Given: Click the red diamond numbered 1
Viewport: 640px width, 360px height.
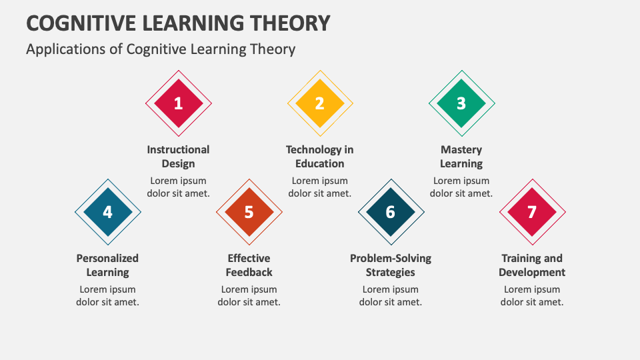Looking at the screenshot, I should point(178,103).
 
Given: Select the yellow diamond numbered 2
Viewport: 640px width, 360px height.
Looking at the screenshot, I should point(319,103).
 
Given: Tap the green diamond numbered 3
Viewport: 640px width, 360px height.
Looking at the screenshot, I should point(461,103).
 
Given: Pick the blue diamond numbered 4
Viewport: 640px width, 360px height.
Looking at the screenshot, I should point(107,212).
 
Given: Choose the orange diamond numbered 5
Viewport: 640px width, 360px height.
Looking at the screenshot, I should point(249,212).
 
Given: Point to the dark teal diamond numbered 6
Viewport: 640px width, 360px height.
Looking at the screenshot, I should point(391,212).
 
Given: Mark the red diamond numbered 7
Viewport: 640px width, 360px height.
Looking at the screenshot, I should point(532,212).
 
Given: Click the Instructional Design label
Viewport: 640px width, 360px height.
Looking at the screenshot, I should point(178,157).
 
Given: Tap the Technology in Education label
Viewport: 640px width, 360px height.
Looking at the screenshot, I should point(319,157).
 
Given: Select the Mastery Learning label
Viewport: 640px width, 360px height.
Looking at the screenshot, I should point(461,157).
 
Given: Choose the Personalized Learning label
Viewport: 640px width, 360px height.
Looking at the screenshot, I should point(107,265).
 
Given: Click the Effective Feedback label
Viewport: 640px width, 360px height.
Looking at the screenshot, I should point(249,265).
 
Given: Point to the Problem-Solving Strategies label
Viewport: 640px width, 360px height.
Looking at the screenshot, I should point(391,265).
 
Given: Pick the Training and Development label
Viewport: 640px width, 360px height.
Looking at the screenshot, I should point(532,265).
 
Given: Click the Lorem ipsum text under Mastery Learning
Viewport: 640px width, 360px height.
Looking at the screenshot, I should point(461,187).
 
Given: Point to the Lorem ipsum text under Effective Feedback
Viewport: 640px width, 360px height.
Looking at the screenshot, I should point(249,295).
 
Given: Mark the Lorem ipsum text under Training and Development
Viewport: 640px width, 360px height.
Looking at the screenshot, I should point(532,295).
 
